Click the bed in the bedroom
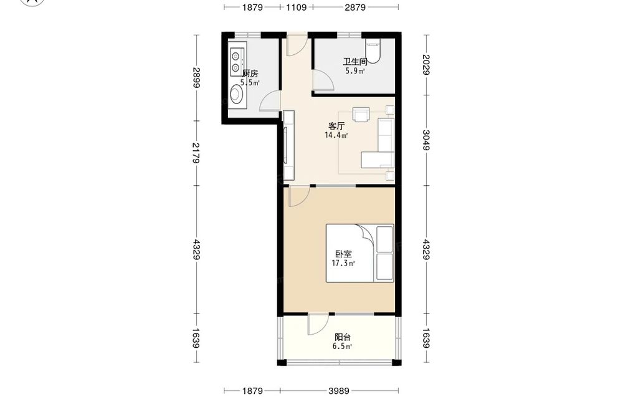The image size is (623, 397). click(360, 253)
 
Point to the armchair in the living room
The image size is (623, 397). click(362, 114)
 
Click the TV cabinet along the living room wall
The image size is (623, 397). click(288, 145)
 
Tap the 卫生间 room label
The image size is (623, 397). click(355, 62)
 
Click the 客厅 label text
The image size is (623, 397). click(336, 127)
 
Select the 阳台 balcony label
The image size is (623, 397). click(343, 337)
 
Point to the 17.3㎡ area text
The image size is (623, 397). click(343, 263)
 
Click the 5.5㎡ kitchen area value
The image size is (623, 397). click(250, 83)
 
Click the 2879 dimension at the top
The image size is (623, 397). click(355, 7)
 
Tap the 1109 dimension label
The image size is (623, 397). click(296, 7)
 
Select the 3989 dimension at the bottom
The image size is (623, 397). click(338, 391)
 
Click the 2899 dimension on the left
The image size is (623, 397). click(196, 78)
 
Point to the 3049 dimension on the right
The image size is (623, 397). click(426, 140)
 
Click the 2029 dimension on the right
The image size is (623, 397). click(426, 65)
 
